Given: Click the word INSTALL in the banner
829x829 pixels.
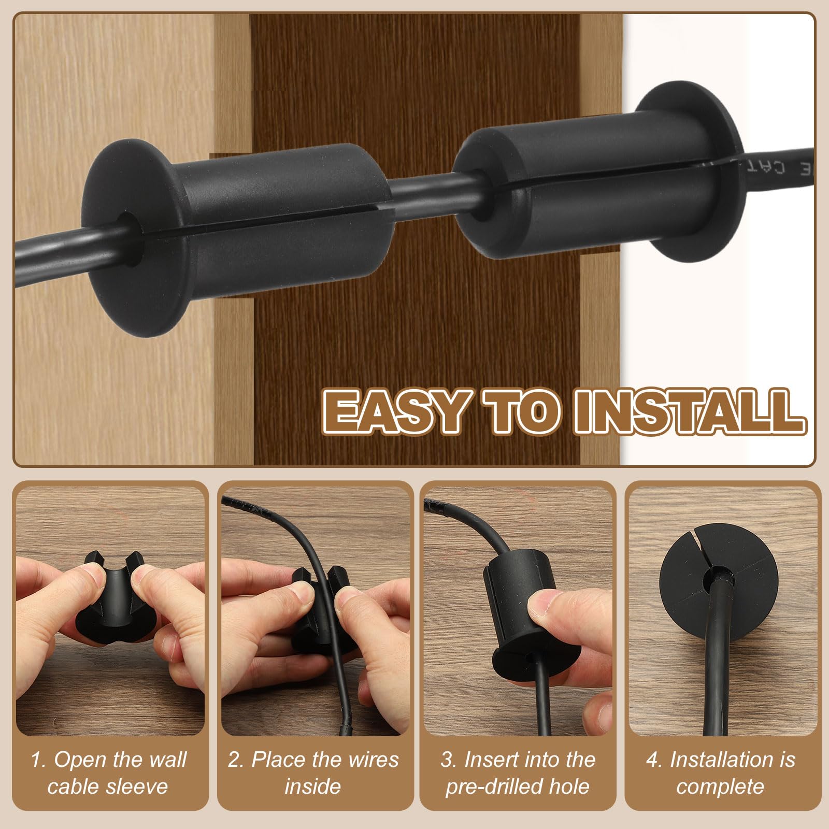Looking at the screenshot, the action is click(x=690, y=411).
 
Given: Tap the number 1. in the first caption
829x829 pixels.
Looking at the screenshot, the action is click(x=39, y=760).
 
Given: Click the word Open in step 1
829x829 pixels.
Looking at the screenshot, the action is click(x=81, y=761).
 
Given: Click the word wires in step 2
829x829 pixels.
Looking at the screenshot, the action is click(x=374, y=760).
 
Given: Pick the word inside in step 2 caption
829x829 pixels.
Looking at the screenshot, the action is click(x=313, y=787).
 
